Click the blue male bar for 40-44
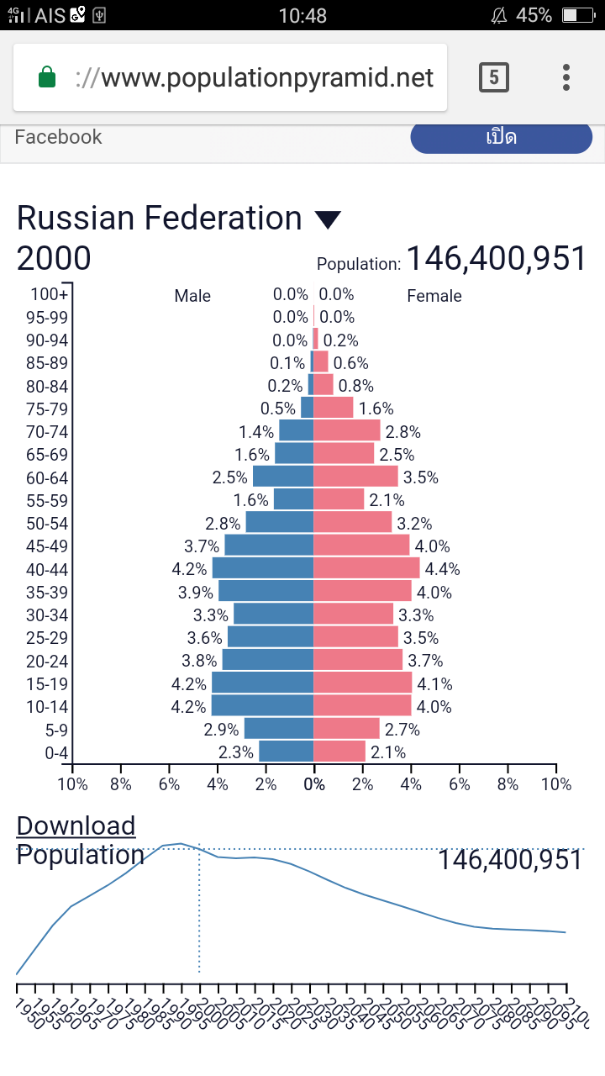click(x=262, y=568)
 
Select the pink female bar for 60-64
click(x=355, y=477)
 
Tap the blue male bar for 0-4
click(x=286, y=752)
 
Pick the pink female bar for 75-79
click(x=334, y=408)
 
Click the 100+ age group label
click(x=50, y=294)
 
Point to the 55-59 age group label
click(x=48, y=500)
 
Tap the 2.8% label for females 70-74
click(x=402, y=432)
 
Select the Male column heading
click(x=192, y=296)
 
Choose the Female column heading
click(x=434, y=296)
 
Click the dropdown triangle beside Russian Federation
click(x=328, y=220)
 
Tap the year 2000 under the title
click(x=54, y=259)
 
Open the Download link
click(x=76, y=825)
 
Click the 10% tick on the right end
click(x=555, y=784)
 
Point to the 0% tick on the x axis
click(x=314, y=784)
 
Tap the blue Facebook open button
click(x=501, y=138)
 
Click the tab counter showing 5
click(x=493, y=78)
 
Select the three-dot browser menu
click(x=566, y=77)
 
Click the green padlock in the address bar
click(x=47, y=78)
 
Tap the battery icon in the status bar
click(x=578, y=15)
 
